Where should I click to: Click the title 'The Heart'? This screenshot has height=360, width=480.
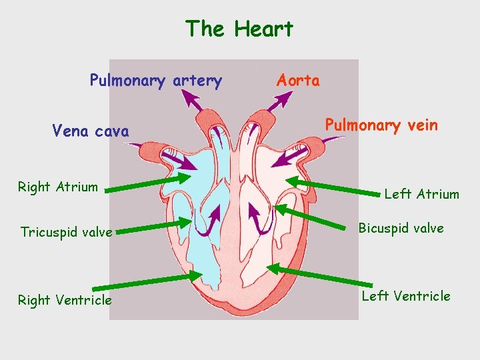(239, 29)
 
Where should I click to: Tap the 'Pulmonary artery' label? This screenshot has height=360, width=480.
(156, 81)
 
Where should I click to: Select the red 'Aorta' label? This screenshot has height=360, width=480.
(298, 81)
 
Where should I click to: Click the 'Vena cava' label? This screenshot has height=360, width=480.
(91, 131)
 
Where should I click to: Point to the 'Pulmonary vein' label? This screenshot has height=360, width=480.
(381, 125)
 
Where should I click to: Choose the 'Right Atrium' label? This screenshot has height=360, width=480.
(57, 187)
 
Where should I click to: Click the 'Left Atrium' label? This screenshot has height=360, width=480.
(421, 194)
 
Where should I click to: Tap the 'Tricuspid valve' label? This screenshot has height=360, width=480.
(66, 232)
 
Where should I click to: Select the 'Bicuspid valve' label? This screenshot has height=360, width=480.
(401, 228)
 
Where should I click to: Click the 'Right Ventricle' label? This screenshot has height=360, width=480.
(65, 300)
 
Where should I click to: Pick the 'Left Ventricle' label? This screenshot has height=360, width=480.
(406, 296)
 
